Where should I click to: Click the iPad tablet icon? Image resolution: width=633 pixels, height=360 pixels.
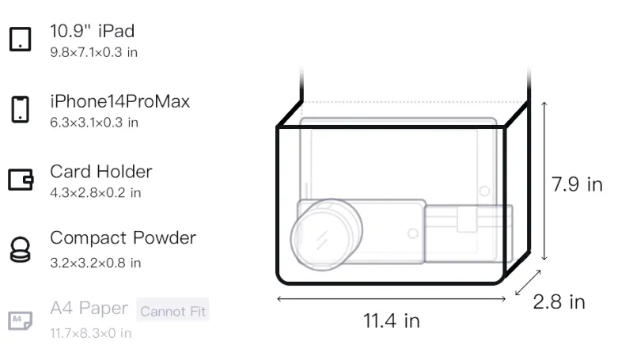click(21, 39)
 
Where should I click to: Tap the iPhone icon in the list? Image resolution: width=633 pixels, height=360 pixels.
click(21, 109)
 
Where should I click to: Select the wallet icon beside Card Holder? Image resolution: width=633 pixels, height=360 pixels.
click(21, 179)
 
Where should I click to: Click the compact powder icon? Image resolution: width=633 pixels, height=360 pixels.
click(21, 250)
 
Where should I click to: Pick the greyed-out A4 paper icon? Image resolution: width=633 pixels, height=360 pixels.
click(21, 320)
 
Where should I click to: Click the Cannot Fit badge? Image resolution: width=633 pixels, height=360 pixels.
click(172, 311)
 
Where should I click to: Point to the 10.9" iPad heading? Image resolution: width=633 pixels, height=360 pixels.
click(92, 31)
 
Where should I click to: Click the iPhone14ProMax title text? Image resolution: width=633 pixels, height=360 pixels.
click(120, 101)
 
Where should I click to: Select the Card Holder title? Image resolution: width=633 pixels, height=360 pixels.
click(101, 172)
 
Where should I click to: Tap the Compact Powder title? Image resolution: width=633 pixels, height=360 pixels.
click(123, 238)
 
